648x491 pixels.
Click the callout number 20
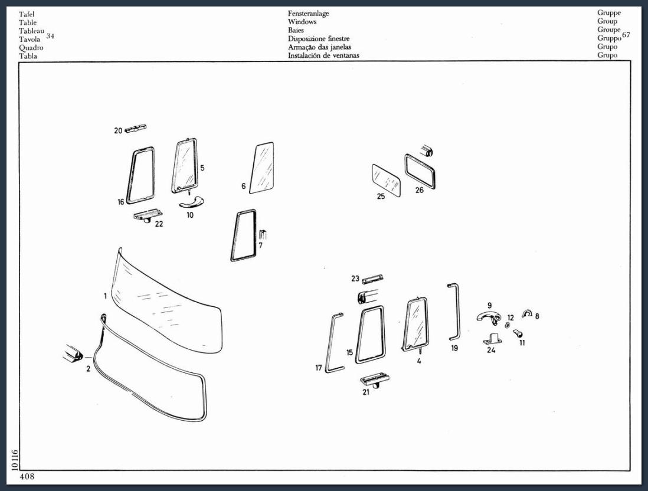[x=118, y=130]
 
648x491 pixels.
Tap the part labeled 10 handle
[x=189, y=201]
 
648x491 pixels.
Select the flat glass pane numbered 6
[x=261, y=168]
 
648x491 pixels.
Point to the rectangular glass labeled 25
[x=387, y=180]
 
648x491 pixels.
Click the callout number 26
[x=420, y=190]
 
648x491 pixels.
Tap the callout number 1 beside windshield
[x=106, y=296]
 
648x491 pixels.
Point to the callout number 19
[x=454, y=348]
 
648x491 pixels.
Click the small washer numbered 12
[x=508, y=326]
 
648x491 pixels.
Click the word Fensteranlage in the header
[x=308, y=13]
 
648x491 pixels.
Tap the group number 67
[x=626, y=35]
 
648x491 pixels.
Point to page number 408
[x=27, y=476]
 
